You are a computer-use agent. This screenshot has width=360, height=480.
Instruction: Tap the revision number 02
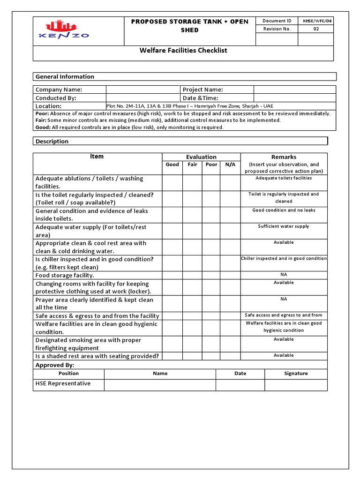click(315, 29)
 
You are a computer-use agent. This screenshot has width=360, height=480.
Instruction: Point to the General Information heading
click(65, 77)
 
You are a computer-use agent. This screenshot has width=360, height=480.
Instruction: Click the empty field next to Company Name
click(143, 90)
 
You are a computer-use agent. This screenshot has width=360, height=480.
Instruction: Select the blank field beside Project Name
click(294, 90)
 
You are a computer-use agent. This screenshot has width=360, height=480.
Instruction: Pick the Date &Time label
click(202, 98)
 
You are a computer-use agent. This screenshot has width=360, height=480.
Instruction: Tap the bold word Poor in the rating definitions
click(42, 113)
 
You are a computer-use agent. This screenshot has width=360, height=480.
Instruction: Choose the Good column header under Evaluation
click(172, 165)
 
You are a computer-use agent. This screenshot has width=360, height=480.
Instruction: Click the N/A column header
click(230, 165)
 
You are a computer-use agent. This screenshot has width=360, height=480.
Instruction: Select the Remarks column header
click(284, 157)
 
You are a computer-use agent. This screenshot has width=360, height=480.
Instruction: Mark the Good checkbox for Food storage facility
click(172, 276)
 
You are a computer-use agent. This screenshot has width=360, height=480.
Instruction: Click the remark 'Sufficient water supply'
click(284, 226)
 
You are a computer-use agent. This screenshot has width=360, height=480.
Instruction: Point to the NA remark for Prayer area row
click(284, 299)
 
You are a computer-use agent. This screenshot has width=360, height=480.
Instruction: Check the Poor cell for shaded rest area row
click(211, 356)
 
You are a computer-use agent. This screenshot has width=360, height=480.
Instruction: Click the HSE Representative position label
click(63, 384)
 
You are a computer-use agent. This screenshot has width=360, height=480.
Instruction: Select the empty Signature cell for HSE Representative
click(296, 385)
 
